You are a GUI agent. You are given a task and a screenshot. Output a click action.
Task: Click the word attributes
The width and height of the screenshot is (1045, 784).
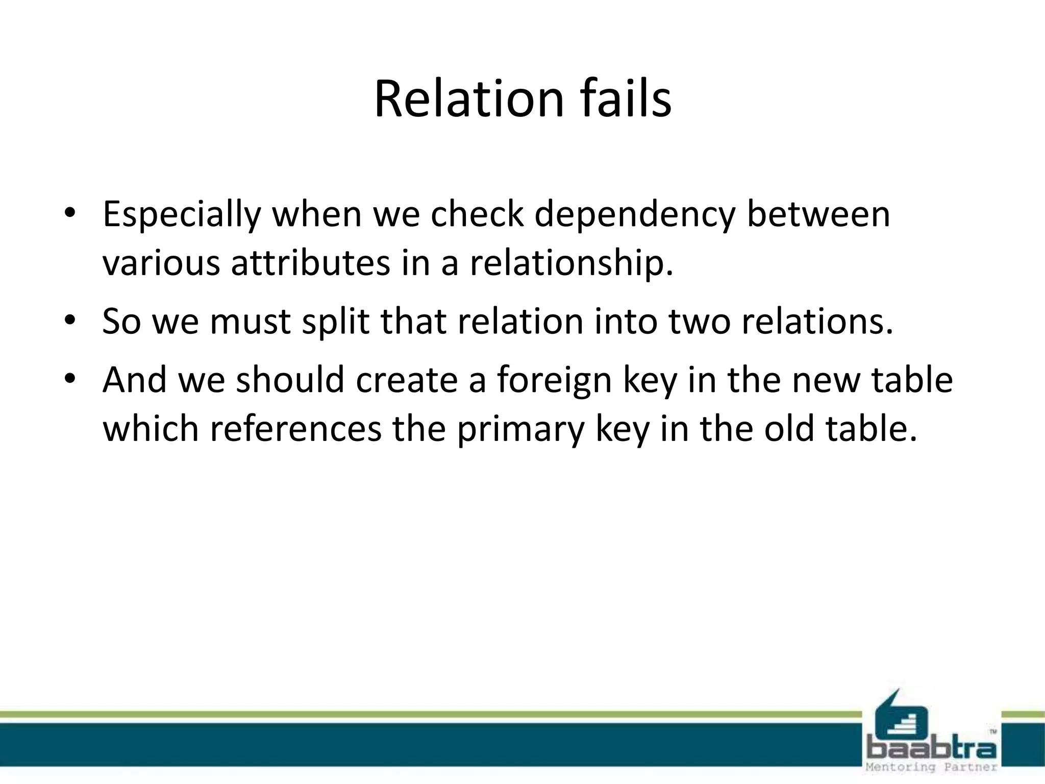(x=311, y=263)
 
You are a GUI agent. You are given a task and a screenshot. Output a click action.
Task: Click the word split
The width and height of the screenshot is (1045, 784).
(x=335, y=323)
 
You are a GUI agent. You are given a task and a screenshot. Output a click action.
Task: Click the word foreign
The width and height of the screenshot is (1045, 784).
(x=554, y=381)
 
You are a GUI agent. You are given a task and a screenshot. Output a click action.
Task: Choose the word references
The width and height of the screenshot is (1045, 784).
(x=295, y=429)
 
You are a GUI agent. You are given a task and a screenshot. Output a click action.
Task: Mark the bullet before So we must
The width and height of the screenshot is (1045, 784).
(x=70, y=321)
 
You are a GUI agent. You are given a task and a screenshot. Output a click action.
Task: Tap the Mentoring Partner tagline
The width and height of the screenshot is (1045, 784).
(x=932, y=767)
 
